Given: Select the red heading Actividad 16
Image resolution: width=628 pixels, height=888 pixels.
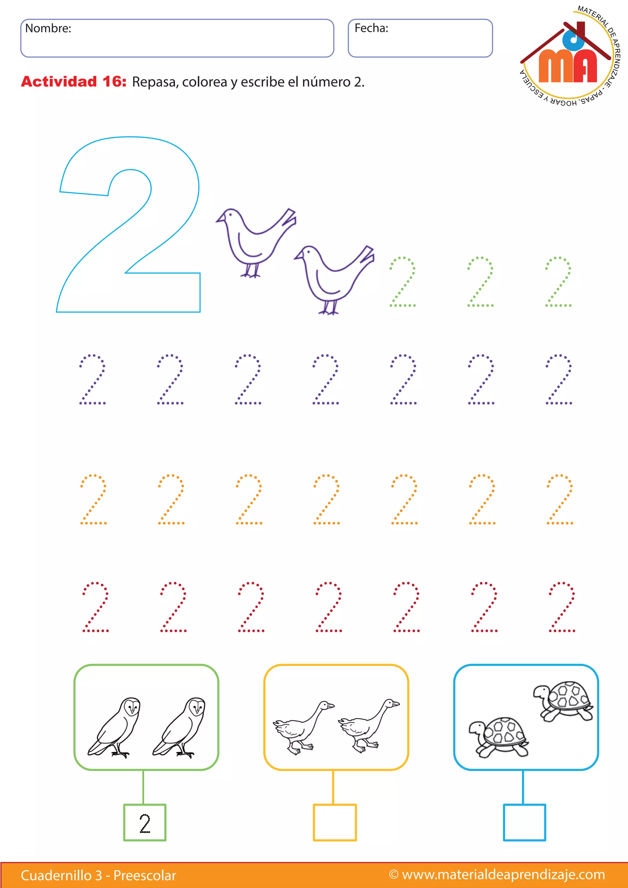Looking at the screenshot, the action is pos(74,82).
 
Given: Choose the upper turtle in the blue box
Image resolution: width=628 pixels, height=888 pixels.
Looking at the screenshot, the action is pos(563,701).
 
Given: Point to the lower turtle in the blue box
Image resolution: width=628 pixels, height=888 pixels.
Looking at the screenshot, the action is pos(499,737).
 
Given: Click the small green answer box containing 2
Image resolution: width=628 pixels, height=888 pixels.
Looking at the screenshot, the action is pos(145,823).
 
